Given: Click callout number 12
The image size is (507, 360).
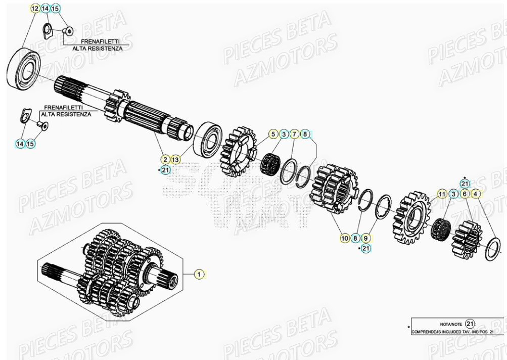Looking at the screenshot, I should pos(34,9).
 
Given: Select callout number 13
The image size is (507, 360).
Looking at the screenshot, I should pos(175,159).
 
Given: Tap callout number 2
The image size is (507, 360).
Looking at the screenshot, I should pos(164,159).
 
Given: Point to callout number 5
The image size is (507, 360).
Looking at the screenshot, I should pos(273,134).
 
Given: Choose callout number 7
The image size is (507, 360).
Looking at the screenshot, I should pos(294,134).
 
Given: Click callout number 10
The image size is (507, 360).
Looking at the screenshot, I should pos(345,238).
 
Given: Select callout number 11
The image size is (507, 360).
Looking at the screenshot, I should pos(442,194).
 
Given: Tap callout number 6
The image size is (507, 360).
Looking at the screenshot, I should pos(465,194).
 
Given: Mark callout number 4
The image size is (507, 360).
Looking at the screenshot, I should pos(475,194).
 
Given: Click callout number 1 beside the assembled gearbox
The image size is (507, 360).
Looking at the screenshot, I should pos(199,274).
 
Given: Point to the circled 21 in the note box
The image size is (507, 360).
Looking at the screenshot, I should pos(470,324).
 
